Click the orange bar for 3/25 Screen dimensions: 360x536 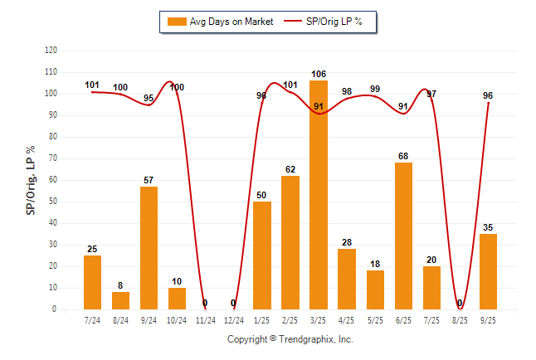(x=319, y=195)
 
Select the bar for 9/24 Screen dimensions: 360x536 (x=149, y=248)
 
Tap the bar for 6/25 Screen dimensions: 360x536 (x=403, y=236)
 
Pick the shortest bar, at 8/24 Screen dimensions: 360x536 (x=121, y=300)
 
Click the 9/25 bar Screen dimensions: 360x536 (x=488, y=271)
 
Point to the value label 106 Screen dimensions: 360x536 (x=319, y=75)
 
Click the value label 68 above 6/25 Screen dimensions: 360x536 (x=403, y=157)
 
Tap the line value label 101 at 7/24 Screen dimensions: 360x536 (x=92, y=85)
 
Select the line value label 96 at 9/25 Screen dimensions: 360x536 (x=488, y=95)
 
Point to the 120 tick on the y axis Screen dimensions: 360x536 (x=51, y=51)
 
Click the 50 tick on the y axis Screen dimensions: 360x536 (x=53, y=202)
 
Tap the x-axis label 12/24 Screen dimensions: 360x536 (x=234, y=320)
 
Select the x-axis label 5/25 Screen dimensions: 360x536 (x=375, y=320)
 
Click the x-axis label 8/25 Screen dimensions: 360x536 (x=460, y=320)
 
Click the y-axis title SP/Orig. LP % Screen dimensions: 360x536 (x=31, y=179)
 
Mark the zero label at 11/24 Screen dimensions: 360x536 (x=206, y=304)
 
